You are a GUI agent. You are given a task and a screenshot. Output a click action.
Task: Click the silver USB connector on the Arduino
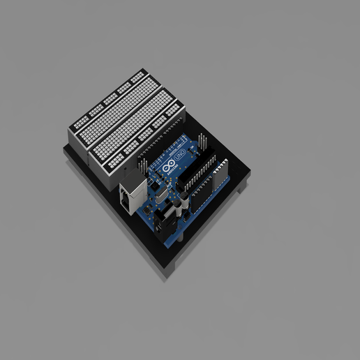coord(131,195)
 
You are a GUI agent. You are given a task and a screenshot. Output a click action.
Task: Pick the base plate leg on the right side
coord(241,188)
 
